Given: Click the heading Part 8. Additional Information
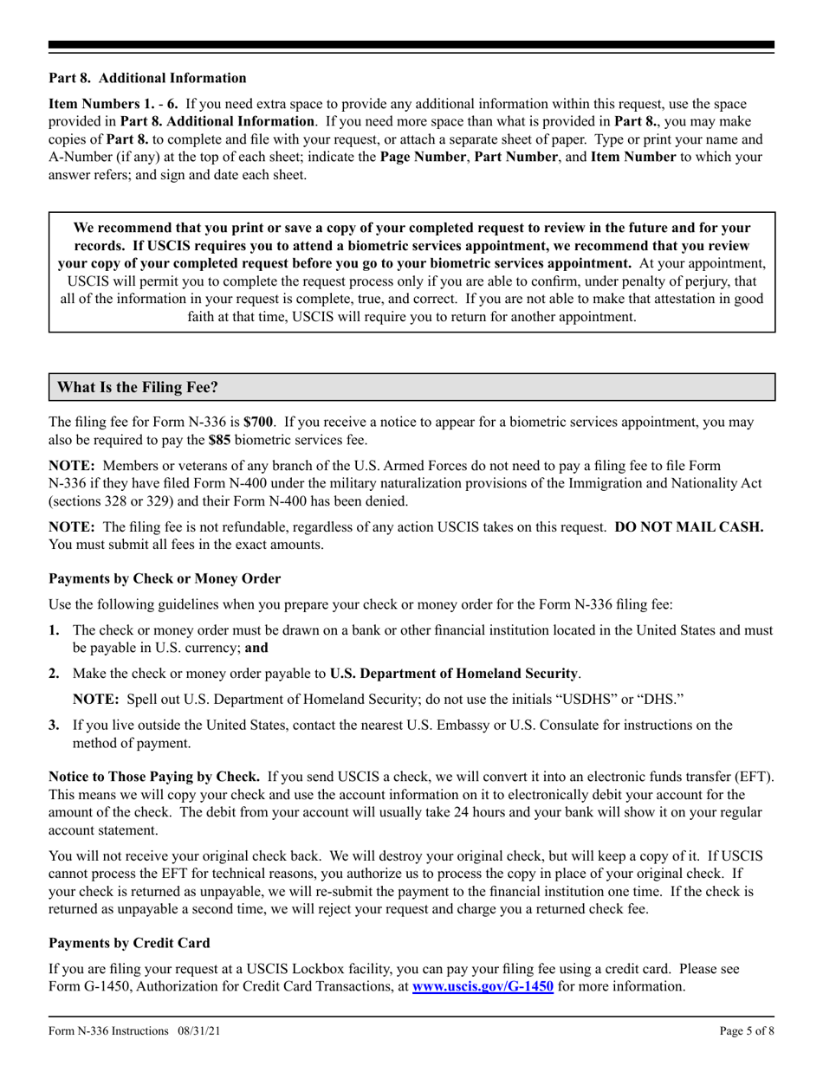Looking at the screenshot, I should (x=147, y=78).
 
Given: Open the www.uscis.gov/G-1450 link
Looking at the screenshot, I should (x=483, y=986).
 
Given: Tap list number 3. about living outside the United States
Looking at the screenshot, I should (x=55, y=726).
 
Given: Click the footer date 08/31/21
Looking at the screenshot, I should (x=204, y=1031).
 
